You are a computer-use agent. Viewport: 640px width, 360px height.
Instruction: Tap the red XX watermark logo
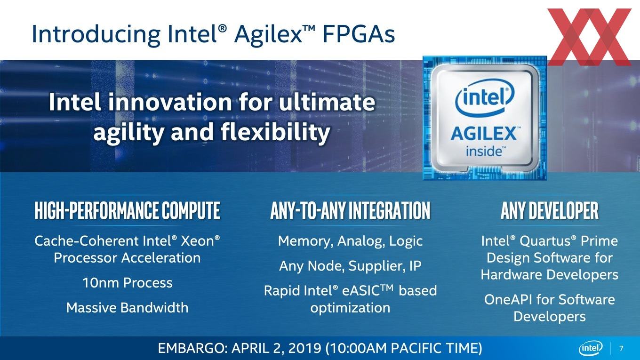[589, 37]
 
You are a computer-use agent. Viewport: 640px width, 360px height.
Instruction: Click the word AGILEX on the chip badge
[484, 134]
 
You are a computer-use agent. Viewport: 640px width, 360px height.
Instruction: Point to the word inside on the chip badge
[484, 152]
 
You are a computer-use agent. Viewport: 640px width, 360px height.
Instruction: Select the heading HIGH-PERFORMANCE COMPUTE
[128, 210]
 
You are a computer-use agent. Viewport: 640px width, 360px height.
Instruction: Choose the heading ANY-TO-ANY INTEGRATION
[350, 210]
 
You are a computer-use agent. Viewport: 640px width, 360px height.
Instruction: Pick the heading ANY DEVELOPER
[549, 210]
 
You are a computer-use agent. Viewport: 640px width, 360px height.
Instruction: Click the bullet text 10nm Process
[128, 283]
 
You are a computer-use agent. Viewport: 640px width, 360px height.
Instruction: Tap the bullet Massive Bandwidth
[128, 308]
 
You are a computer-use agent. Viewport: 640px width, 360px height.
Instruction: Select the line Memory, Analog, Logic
[350, 241]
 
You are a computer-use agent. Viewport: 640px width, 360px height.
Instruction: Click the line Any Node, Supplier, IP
[350, 266]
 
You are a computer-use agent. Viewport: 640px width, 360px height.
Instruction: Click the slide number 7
[621, 348]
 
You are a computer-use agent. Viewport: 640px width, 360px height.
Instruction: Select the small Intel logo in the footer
[590, 348]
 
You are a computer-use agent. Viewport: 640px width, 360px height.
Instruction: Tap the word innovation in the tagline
[170, 102]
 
